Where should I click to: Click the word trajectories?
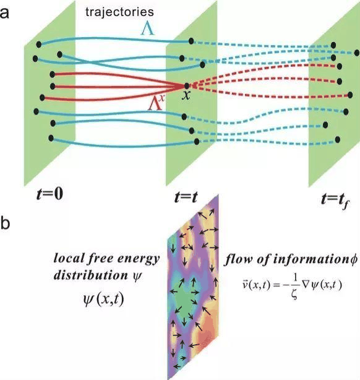click(119, 12)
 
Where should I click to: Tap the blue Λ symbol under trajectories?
click(148, 30)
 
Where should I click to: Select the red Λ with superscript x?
click(156, 103)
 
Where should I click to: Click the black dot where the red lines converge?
click(187, 85)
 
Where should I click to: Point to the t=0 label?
click(49, 194)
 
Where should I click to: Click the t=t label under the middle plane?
click(186, 197)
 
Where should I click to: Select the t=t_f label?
click(335, 200)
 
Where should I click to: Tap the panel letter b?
click(5, 222)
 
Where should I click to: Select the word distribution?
click(91, 275)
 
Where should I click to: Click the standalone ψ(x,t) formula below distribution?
click(103, 300)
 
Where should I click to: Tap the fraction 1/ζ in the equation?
click(295, 286)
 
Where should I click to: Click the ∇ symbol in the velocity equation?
click(305, 285)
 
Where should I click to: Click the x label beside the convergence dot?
click(186, 95)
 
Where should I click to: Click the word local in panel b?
click(69, 258)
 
